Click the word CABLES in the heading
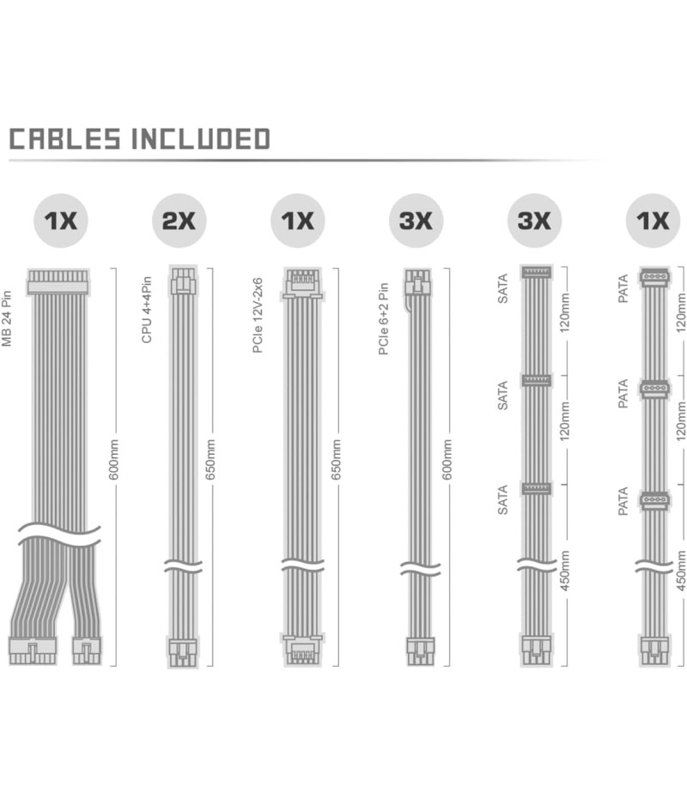tap(65, 139)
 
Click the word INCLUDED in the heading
tap(201, 139)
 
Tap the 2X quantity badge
tap(179, 221)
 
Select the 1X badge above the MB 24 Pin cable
tap(61, 221)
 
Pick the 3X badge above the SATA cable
tap(534, 221)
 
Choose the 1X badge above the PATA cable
tap(653, 221)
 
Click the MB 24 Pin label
tap(7, 318)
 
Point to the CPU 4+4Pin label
tap(147, 310)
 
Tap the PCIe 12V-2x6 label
tap(258, 316)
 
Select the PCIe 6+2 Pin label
tap(384, 319)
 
